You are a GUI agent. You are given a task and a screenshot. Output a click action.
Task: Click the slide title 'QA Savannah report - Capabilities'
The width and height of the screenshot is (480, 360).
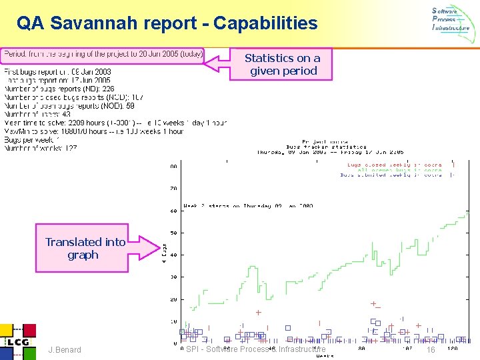pos(167,24)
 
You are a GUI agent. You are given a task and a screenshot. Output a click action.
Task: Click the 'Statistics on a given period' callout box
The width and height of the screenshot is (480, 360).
pos(282,65)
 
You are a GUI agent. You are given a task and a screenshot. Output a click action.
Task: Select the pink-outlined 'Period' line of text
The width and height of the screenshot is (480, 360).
pos(103,53)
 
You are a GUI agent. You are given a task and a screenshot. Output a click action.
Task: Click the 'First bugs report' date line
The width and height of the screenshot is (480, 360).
pos(58,71)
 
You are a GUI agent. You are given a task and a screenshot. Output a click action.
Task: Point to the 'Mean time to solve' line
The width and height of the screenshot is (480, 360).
pos(115,123)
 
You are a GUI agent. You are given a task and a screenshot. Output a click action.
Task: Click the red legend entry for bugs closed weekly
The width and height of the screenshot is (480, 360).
pos(394,164)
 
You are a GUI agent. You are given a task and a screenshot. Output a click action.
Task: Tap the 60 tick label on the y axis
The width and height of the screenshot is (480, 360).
pos(174,211)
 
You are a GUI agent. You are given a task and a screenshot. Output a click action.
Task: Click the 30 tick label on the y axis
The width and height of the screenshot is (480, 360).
pos(174,277)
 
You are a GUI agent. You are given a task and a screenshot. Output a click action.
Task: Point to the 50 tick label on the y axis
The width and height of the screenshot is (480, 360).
pos(174,233)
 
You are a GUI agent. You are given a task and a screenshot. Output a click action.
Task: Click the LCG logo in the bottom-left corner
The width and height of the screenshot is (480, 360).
pos(17,341)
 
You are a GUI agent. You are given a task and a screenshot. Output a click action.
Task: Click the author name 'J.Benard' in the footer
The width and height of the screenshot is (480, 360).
pos(65,350)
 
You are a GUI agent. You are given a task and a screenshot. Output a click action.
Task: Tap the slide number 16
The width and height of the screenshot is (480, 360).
pos(431,350)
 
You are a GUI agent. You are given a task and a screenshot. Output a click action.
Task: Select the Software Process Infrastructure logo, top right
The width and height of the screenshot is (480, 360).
pos(451,20)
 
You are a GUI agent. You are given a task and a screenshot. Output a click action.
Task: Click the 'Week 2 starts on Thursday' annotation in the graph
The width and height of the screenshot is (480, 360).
pos(248,206)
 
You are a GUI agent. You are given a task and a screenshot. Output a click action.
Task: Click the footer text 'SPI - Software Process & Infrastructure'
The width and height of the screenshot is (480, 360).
pos(256,349)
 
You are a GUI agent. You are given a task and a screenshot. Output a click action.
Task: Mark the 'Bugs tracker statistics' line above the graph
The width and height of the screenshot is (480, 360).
pos(326,147)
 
